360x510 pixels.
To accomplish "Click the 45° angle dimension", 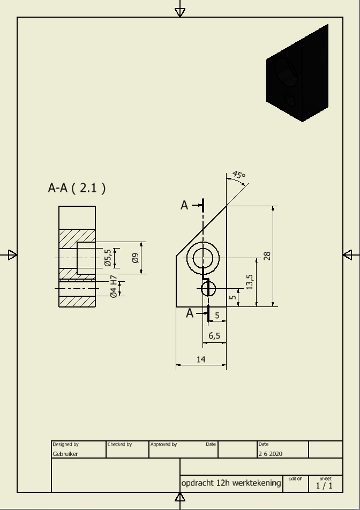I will coord(239,175).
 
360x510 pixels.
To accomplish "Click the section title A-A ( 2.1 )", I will coord(77,188).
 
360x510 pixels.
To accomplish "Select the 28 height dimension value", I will coord(267,256).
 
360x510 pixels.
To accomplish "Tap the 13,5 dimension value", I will coord(250,282).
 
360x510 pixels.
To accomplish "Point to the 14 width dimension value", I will coord(201,359).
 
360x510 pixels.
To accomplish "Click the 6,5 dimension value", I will coord(214,336).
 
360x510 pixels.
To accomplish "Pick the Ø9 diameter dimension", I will coord(136,258).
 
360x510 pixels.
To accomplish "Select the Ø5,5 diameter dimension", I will coord(108,258).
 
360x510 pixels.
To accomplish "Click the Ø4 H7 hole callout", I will coord(114,286).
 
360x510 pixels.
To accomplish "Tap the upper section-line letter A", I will coord(184,205).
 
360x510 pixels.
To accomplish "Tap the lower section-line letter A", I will coord(190,313).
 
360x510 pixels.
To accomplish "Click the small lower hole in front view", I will coord(208,289).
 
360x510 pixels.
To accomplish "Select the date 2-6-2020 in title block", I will coord(271,454).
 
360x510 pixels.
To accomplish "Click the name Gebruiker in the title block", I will coord(65,454).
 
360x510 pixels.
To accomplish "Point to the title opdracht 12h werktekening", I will coord(231,483).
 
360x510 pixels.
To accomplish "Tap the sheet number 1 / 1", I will coord(324,486).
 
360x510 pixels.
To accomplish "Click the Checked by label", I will coord(119,444).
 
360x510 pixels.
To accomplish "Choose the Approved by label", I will coord(163,444).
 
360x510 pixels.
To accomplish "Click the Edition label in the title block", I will coord(295,478).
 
